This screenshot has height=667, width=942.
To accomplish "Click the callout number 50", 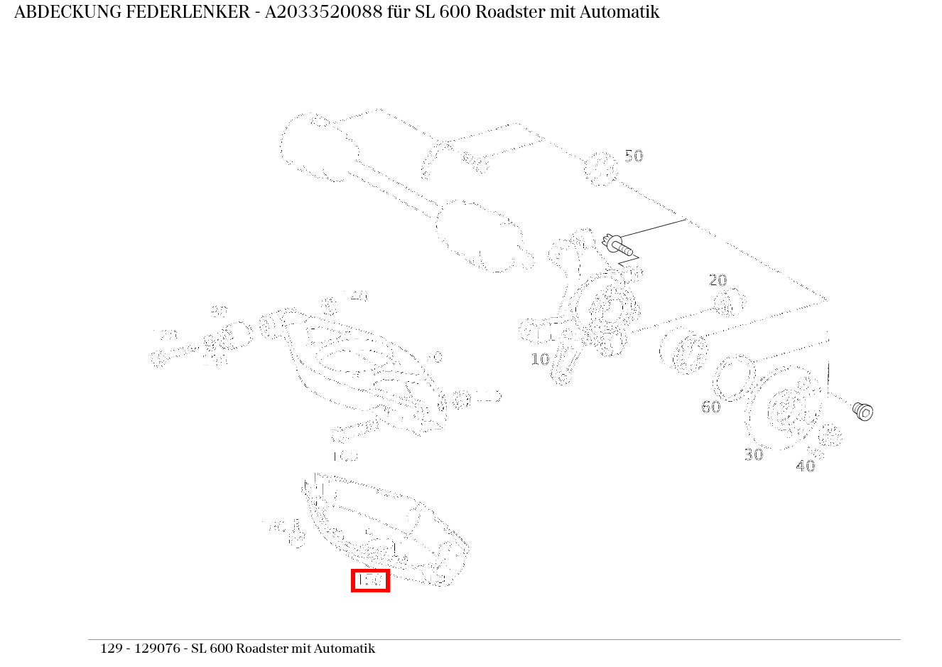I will tap(633, 156).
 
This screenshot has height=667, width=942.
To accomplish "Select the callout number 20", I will tap(718, 280).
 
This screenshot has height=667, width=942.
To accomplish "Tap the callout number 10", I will tap(540, 359).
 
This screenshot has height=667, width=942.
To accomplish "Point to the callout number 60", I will tap(710, 407).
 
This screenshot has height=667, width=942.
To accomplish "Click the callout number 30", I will tap(753, 454).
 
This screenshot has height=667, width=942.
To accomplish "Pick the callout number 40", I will tap(805, 466).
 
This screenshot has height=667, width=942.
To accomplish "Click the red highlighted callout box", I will tap(370, 580).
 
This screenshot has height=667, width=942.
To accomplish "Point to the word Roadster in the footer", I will tap(262, 649).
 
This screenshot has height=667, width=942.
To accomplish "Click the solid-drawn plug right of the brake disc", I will tap(862, 411).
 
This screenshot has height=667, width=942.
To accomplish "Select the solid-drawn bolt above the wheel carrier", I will tap(617, 245).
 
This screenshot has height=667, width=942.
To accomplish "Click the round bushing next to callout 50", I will tap(600, 169).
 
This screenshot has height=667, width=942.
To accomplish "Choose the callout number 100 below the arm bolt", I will tap(345, 456).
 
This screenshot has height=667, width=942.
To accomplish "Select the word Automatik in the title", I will tap(625, 12).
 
